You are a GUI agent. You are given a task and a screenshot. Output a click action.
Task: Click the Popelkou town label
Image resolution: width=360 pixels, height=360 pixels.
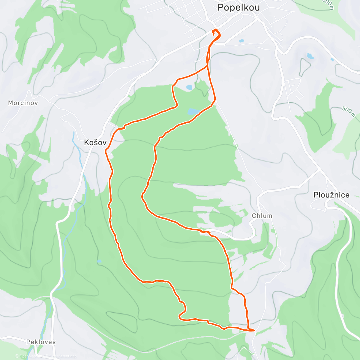tap(238, 7)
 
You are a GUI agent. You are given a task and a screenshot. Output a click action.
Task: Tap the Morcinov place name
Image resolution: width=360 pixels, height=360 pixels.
tap(23, 103)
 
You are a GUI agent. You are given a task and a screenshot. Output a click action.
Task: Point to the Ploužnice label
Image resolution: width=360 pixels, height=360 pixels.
tap(331, 195)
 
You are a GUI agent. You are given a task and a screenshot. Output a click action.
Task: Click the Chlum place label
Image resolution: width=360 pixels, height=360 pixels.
tap(262, 216)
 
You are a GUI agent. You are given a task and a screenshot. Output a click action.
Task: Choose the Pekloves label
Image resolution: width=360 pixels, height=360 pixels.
tap(41, 342)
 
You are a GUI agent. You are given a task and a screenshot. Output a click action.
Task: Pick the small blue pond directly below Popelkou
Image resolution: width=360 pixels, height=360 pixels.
tap(241, 41)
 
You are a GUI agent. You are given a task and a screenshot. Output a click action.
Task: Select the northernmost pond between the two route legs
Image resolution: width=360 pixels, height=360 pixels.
tap(189, 87)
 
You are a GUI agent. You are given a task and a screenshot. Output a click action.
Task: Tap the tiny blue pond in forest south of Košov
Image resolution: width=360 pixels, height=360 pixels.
tap(99, 261)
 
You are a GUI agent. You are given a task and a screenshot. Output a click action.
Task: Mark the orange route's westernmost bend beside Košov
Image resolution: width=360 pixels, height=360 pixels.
tap(106, 152)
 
